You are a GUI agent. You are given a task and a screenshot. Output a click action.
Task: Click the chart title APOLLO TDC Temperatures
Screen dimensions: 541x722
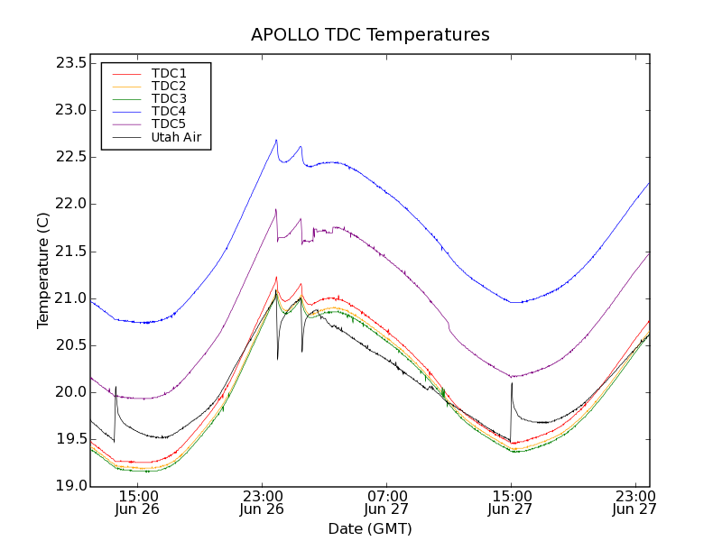pyautogui.click(x=370, y=35)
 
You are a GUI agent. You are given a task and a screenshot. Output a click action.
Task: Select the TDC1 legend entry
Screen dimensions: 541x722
pyautogui.click(x=169, y=73)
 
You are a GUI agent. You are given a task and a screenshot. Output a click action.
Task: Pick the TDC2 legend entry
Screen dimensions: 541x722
pyautogui.click(x=169, y=86)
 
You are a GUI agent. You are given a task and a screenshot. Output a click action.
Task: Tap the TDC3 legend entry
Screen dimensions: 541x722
pyautogui.click(x=169, y=98)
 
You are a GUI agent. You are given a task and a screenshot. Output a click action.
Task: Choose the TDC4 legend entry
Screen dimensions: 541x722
pyautogui.click(x=169, y=111)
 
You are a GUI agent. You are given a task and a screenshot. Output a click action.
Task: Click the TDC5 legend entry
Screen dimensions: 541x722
pyautogui.click(x=169, y=124)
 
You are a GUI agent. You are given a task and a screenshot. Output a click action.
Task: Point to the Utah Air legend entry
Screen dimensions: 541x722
pyautogui.click(x=176, y=137)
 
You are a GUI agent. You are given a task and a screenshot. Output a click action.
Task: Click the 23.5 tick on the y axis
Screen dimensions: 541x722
pyautogui.click(x=70, y=63)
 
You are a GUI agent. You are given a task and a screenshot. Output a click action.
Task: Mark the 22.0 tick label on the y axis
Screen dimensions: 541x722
pyautogui.click(x=70, y=204)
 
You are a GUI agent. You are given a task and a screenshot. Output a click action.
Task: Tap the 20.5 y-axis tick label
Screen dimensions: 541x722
pyautogui.click(x=70, y=345)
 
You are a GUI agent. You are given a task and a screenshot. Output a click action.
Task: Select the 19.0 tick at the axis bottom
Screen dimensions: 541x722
pyautogui.click(x=70, y=486)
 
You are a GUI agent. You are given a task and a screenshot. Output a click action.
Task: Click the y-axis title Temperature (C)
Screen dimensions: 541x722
pyautogui.click(x=43, y=270)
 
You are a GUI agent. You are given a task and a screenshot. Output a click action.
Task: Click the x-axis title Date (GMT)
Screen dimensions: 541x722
pyautogui.click(x=370, y=528)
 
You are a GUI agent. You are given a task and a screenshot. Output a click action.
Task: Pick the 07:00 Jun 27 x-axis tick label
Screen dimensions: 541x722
pyautogui.click(x=387, y=503)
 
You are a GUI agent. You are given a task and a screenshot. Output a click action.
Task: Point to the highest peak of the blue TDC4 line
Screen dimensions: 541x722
pyautogui.click(x=276, y=140)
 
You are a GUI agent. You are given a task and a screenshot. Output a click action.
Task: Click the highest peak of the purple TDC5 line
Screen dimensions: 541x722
pyautogui.click(x=275, y=209)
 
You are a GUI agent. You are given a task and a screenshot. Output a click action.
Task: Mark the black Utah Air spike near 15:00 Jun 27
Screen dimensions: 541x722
pyautogui.click(x=512, y=383)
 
